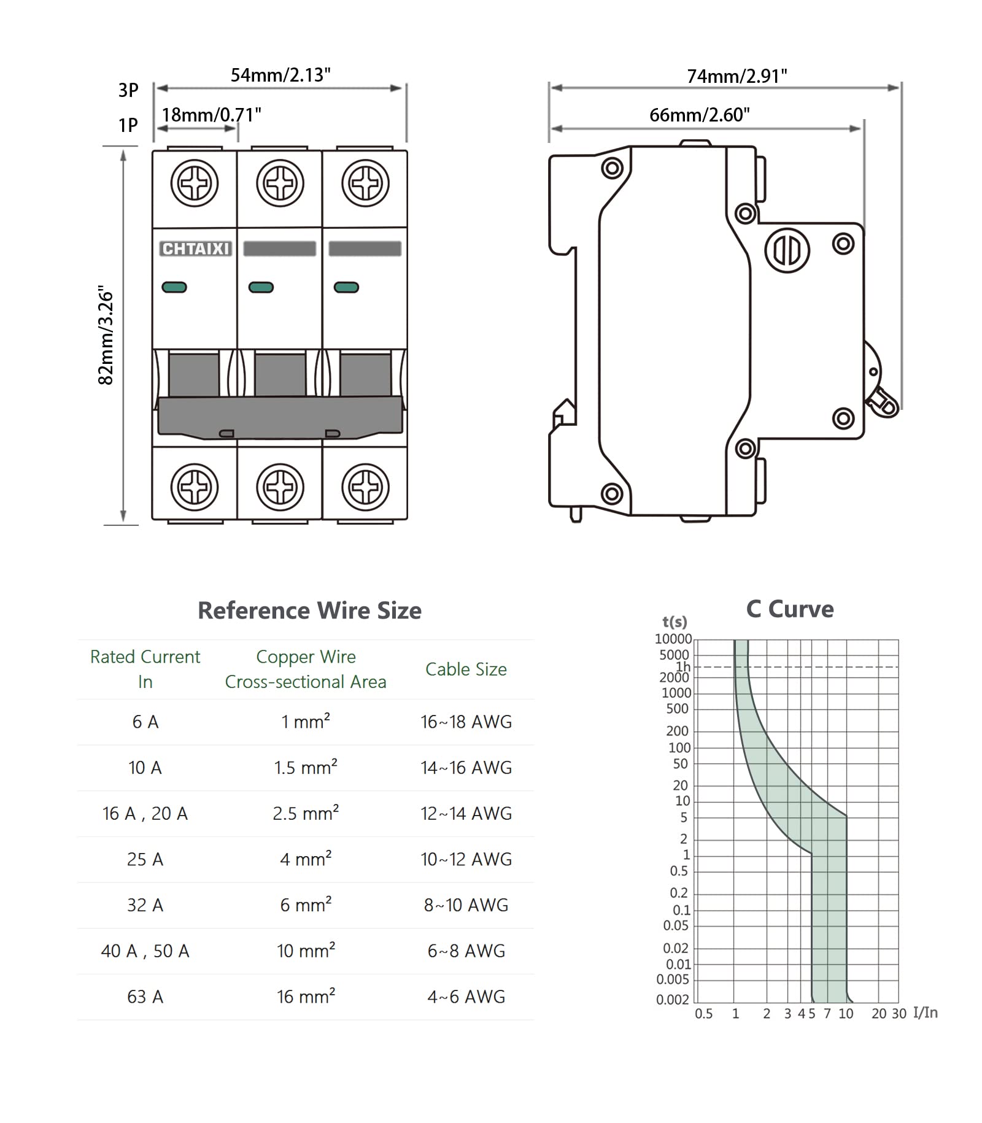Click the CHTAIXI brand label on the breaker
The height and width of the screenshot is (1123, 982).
pos(195,249)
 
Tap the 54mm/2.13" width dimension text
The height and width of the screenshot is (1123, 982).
pos(280,75)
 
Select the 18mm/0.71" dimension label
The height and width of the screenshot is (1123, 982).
pos(211,115)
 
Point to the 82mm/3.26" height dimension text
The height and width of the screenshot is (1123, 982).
pos(106,335)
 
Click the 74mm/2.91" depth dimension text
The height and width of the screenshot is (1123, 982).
pos(736,76)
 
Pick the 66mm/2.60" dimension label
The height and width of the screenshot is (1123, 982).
pos(699,115)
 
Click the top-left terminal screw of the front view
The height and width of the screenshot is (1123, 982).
pos(195,183)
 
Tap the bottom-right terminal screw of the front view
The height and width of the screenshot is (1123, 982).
pos(365,487)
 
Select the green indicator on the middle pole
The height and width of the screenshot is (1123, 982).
pos(261,287)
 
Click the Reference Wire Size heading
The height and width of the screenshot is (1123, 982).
pos(309,611)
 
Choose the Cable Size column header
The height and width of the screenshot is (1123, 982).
pos(466,670)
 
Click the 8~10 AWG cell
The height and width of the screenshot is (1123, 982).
pos(466,905)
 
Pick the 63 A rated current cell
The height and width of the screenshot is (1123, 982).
pos(145,997)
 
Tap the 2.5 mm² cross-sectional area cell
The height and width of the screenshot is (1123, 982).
pos(306,814)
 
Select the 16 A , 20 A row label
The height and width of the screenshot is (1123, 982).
pos(145,814)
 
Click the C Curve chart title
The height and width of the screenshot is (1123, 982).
pos(789,609)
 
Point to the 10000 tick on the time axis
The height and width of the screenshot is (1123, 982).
pos(673,639)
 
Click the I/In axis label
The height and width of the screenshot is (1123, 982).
pos(925,1013)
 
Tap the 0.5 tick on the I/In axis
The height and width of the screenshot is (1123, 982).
pos(703,1014)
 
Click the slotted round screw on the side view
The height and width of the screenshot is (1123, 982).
pos(787,250)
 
